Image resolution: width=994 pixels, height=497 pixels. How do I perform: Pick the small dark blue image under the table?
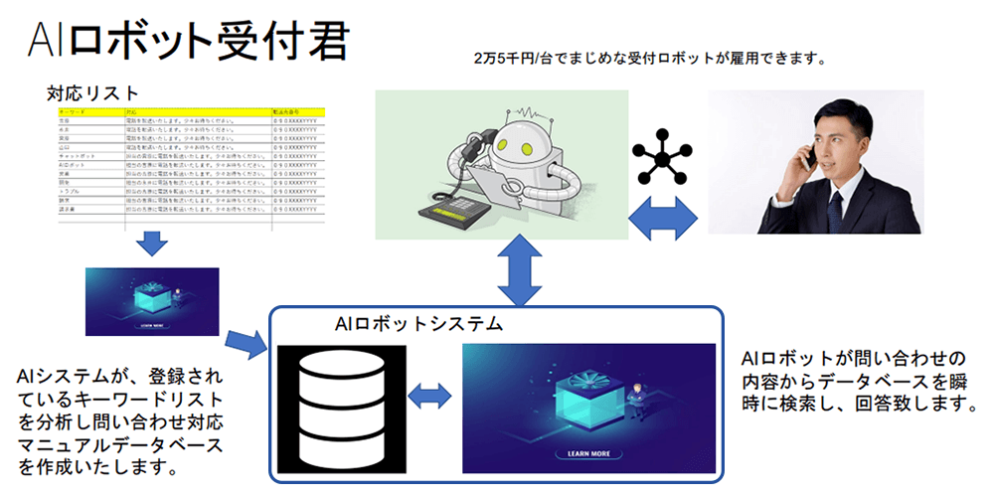(x=152, y=301)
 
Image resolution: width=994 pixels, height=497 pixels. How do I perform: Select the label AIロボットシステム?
(x=418, y=324)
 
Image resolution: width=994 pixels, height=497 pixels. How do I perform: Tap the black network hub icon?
(x=663, y=155)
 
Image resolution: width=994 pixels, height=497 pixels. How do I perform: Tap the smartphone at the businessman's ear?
(x=810, y=152)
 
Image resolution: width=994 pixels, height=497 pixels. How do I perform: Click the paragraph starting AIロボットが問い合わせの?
(x=856, y=381)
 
